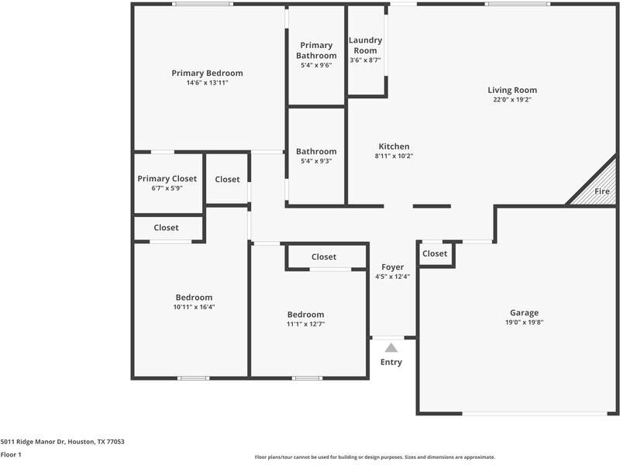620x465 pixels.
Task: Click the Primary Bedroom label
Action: [x=207, y=74]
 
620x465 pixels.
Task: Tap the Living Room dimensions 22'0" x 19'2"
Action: [x=511, y=99]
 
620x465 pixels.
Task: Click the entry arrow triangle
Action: [x=391, y=348]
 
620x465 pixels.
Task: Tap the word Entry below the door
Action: [x=391, y=362]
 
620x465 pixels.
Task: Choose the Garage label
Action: [x=524, y=313]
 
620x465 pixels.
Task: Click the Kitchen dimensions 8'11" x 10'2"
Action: [x=394, y=156]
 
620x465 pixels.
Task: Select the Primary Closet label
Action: [x=167, y=179]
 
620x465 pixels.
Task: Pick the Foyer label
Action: [x=393, y=267]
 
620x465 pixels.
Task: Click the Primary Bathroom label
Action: [x=316, y=50]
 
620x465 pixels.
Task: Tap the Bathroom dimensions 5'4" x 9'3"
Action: [x=316, y=161]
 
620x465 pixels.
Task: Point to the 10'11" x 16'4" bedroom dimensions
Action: [x=194, y=307]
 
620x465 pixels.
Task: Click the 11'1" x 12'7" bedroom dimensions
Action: [x=305, y=324]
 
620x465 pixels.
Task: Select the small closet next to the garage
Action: [x=435, y=253]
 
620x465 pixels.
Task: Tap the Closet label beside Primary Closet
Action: [x=227, y=179]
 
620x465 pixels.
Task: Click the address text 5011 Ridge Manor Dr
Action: [x=62, y=442]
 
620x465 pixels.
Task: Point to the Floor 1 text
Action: [x=11, y=454]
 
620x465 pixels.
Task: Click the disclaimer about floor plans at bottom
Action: [x=375, y=457]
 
